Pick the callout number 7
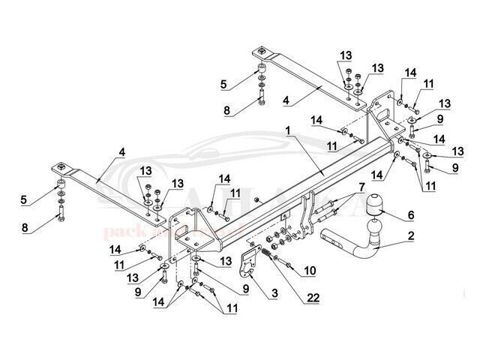[x=361, y=187]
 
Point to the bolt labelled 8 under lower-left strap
[x=58, y=223]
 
